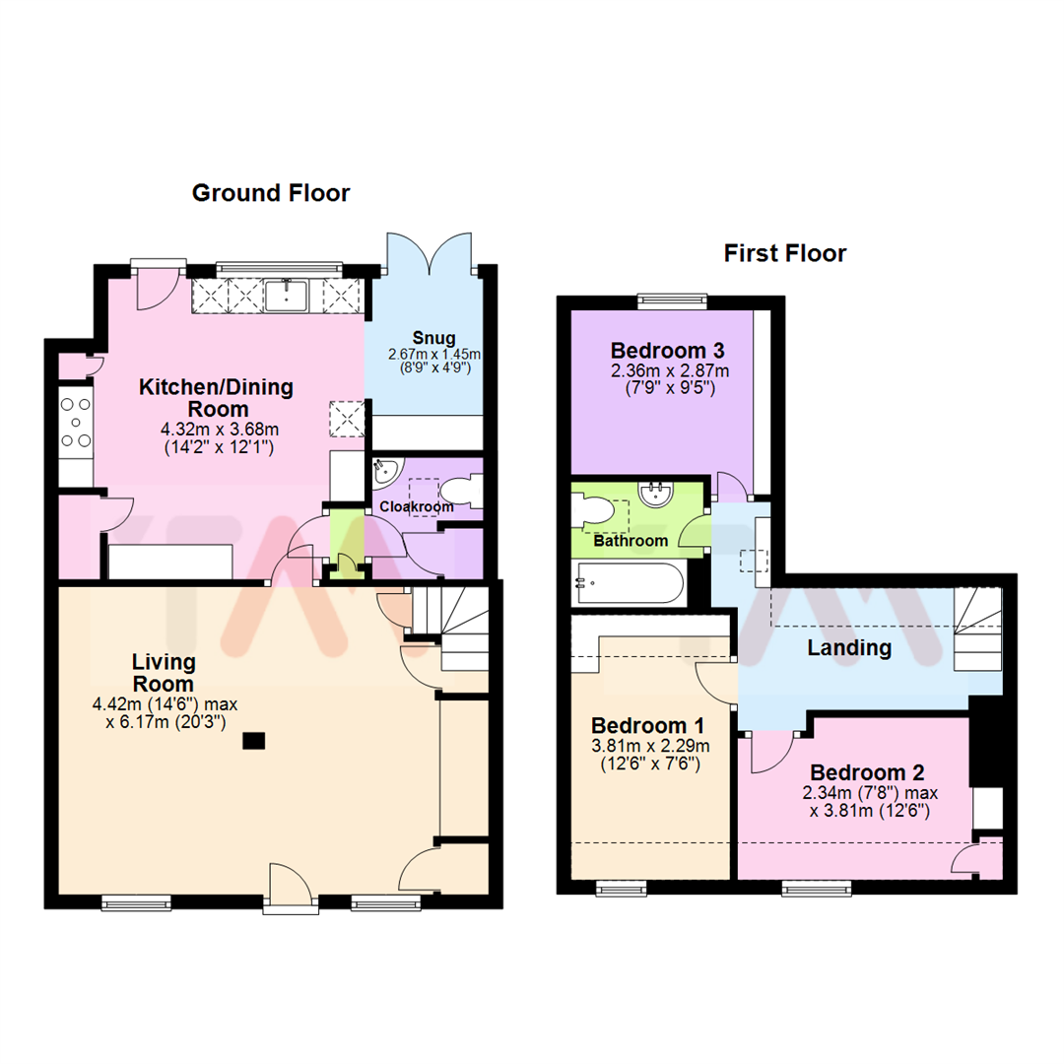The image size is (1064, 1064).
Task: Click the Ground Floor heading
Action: coord(270,193)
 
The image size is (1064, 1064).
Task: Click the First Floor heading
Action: coord(784,253)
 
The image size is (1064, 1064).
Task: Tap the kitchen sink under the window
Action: coord(287,293)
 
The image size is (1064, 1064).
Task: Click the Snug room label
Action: coord(427,340)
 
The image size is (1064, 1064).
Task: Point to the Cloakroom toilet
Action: coord(459,490)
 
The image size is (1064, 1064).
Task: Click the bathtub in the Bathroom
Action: coord(628,583)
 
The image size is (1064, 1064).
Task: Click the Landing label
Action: coord(848,648)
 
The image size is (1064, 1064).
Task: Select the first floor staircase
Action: coord(976,630)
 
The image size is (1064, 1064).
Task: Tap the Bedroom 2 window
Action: coord(814,889)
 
